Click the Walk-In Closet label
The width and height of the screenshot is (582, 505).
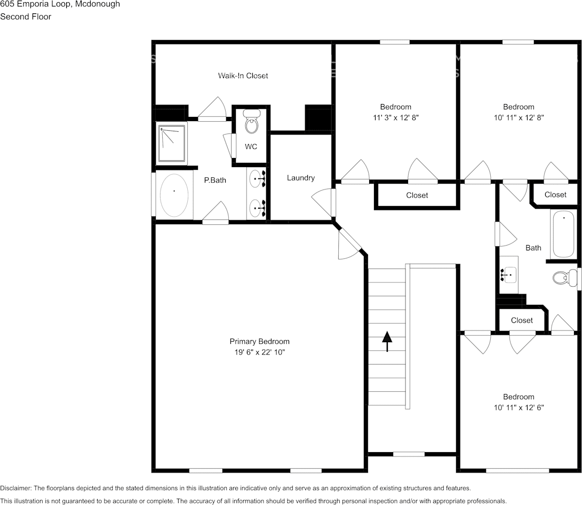243,76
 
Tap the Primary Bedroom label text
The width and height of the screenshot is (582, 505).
259,342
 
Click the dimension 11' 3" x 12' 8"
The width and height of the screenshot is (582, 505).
395,117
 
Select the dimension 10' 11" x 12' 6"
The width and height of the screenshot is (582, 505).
518,407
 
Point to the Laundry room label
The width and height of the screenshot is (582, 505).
300,178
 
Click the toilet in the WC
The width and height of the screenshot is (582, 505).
251,122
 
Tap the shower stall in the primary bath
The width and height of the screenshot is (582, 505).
172,143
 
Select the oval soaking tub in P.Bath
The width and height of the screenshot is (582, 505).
174,195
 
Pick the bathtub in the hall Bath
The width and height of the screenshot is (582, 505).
563,233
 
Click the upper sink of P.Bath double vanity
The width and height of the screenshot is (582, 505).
257,179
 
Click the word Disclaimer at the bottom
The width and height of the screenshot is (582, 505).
15,488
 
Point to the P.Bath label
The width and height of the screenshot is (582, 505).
215,180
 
